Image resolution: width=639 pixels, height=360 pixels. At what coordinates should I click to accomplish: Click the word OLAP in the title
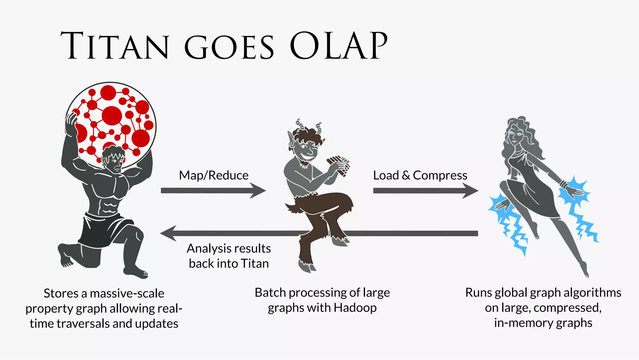click(x=339, y=46)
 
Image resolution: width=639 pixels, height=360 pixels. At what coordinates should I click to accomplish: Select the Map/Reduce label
click(x=214, y=175)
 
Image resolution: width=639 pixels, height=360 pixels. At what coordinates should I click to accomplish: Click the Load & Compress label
click(x=420, y=175)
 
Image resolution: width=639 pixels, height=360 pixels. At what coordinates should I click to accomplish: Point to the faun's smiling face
click(x=307, y=150)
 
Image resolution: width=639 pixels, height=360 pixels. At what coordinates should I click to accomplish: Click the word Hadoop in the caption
click(x=355, y=308)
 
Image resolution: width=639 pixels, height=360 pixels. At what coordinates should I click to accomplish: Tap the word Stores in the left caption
click(x=61, y=293)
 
